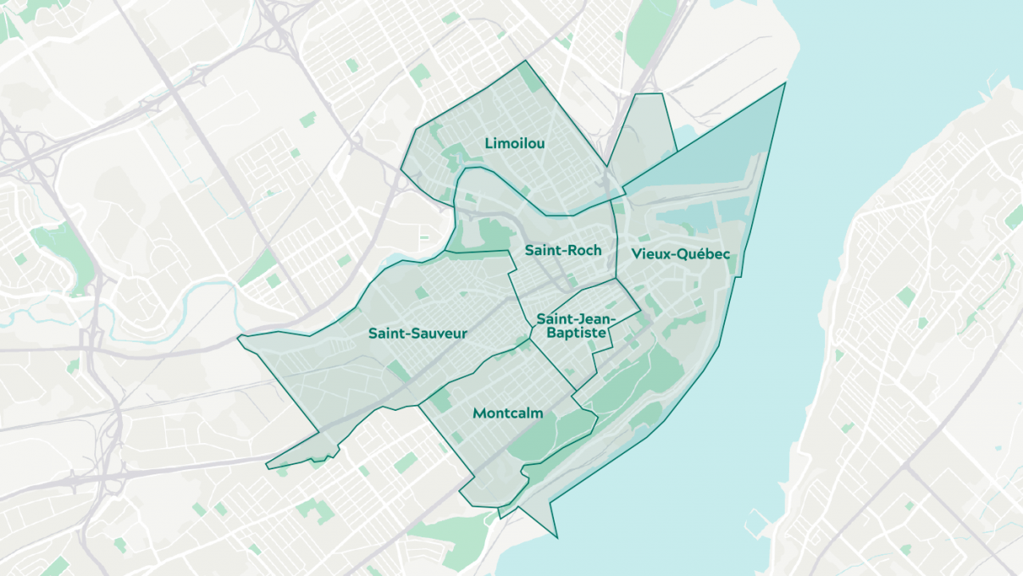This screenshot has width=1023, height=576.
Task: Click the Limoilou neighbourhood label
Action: [x=514, y=144]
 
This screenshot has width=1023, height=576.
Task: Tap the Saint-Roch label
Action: [x=562, y=251]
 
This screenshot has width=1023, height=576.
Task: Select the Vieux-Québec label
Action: [x=680, y=254]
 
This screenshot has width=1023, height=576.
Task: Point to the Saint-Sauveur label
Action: [x=417, y=334]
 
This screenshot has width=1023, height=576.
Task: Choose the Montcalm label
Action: [x=507, y=413]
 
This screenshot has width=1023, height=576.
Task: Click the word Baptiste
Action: [x=576, y=334]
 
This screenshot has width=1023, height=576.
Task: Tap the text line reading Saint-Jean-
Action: [x=576, y=319]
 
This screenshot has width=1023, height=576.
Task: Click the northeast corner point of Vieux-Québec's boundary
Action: [x=785, y=83]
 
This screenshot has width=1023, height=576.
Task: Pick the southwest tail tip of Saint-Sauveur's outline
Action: [x=267, y=467]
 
